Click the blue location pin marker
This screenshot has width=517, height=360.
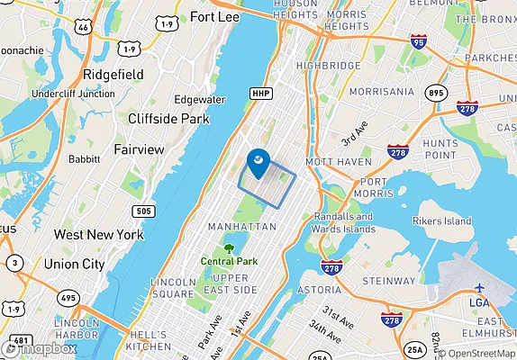tap(257, 162)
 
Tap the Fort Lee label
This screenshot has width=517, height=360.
tap(214, 16)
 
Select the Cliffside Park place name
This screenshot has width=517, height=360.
tap(168, 118)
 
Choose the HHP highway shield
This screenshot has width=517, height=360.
tap(261, 93)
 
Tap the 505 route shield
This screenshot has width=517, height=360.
tap(144, 211)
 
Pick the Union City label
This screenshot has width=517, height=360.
tap(75, 264)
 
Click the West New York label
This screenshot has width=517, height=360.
tap(98, 234)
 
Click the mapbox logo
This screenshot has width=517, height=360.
tap(43, 347)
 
